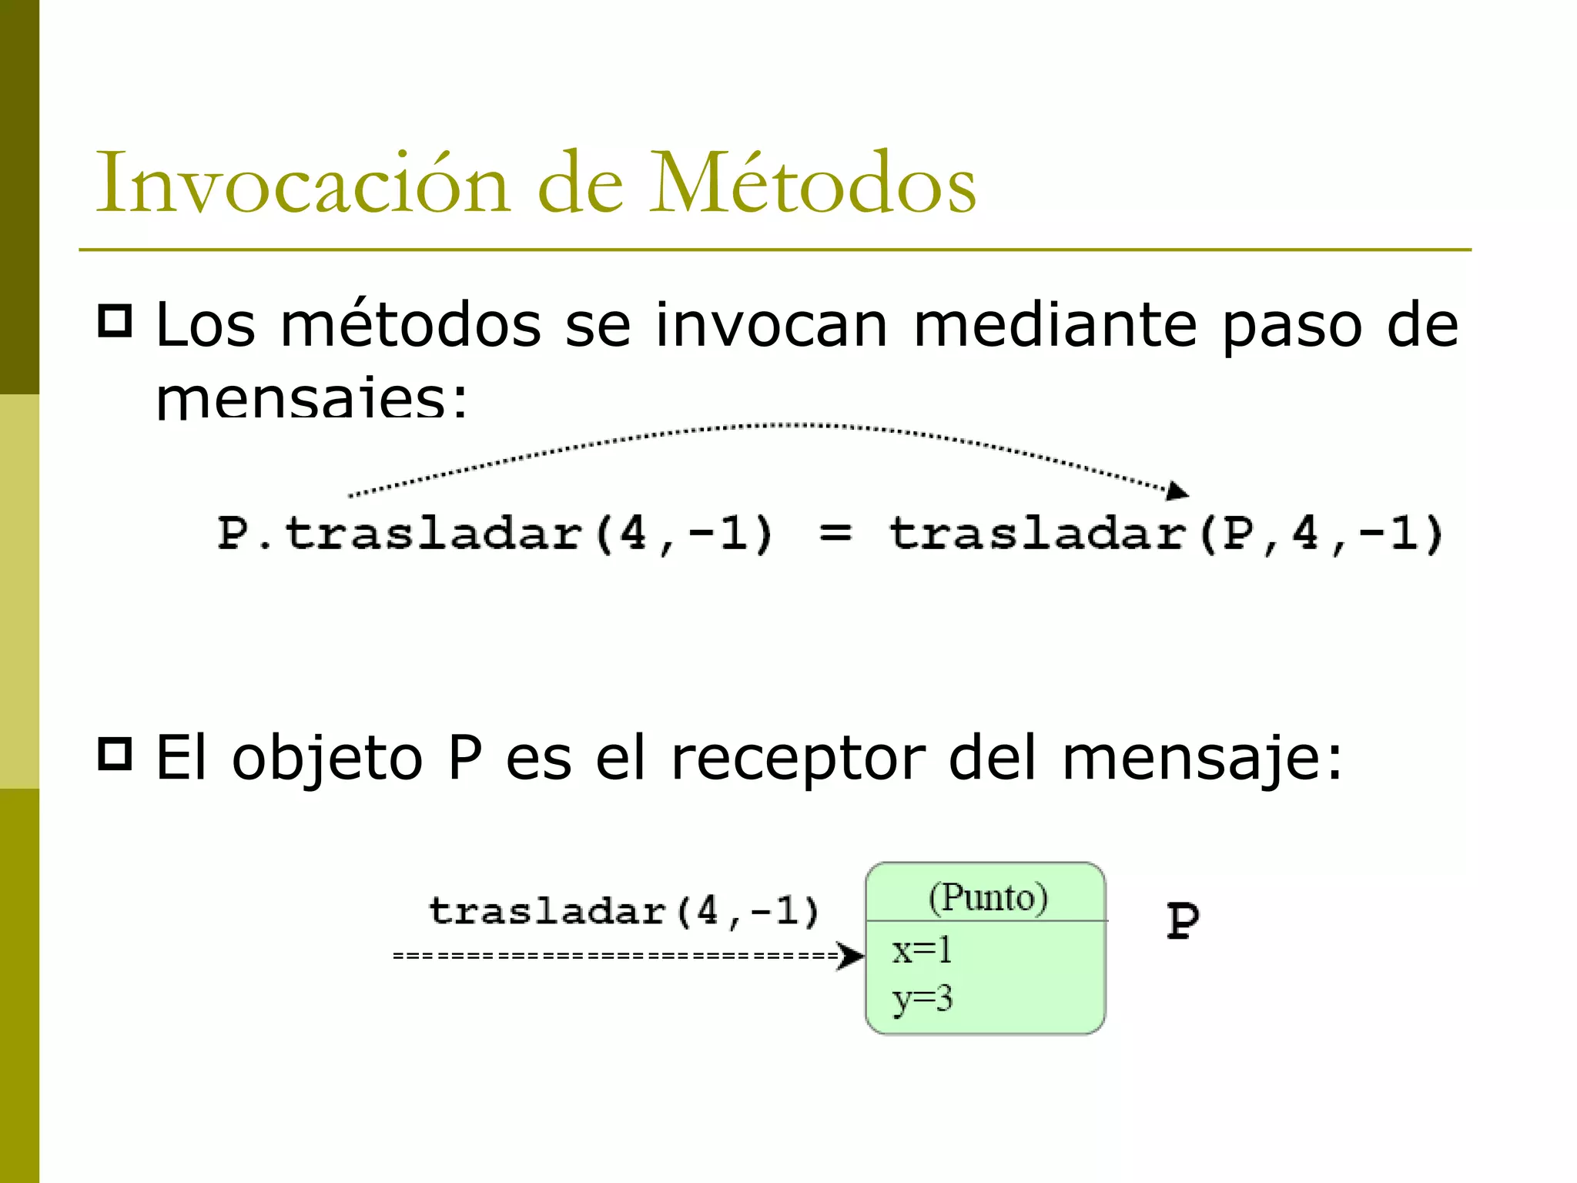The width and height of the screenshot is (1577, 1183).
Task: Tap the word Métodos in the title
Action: (813, 183)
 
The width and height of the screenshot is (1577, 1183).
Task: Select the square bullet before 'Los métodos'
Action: (116, 320)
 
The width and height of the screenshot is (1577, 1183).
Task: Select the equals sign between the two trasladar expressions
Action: (835, 533)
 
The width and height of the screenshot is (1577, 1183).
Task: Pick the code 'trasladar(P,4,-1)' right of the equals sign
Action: (1166, 533)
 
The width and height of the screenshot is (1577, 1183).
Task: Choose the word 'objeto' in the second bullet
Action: (328, 759)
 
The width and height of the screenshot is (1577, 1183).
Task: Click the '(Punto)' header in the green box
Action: (987, 897)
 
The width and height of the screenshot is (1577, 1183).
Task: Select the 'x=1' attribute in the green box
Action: (922, 950)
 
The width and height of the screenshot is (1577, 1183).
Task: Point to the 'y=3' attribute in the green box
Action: (922, 999)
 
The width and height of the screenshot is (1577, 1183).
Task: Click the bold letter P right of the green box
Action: (1182, 920)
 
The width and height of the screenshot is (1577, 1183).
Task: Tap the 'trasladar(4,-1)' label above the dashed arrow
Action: (624, 912)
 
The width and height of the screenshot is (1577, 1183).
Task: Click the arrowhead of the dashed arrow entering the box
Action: (851, 956)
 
